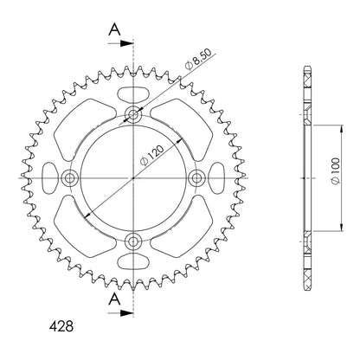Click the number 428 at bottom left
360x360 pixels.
[61, 326]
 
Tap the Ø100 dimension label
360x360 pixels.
[335, 171]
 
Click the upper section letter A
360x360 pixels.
[114, 29]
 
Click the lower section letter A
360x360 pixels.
[114, 299]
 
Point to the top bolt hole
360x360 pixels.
[133, 115]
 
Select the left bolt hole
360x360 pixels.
[70, 177]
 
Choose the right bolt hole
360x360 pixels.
[196, 177]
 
